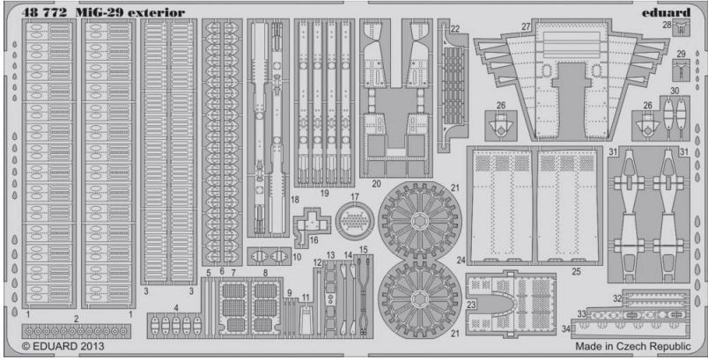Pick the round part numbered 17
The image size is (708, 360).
(x=355, y=217)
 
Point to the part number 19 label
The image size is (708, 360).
(x=325, y=193)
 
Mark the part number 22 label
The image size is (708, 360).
(x=455, y=28)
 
